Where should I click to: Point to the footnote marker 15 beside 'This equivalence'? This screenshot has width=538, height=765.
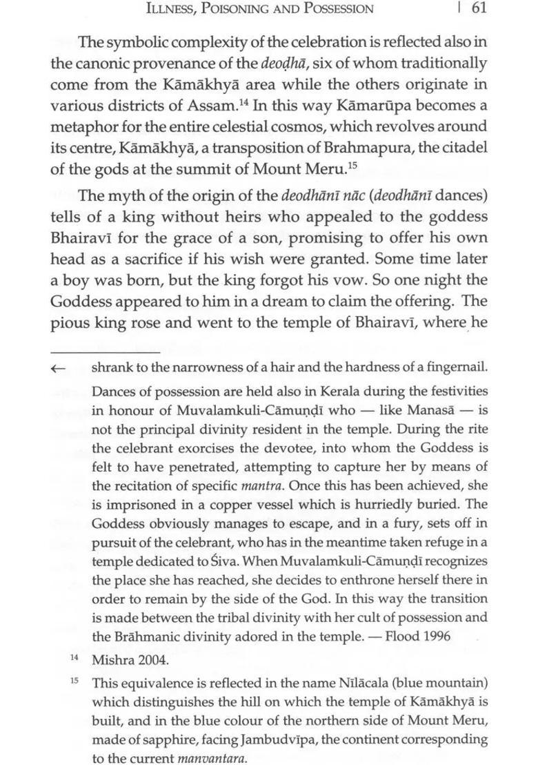[74, 681]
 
